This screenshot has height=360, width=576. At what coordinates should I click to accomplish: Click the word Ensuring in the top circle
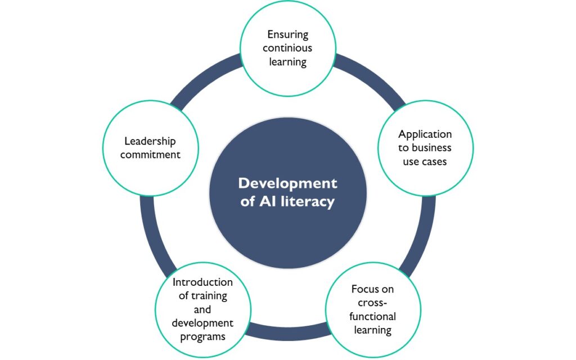coord(287,35)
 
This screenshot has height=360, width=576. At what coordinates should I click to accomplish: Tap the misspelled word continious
coord(287,48)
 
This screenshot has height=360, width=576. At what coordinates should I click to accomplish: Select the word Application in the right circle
coord(425,135)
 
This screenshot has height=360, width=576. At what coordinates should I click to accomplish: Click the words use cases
coord(425,161)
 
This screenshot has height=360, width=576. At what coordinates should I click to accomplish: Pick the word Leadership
coord(150,141)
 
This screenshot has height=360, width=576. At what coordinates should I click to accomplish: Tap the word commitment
coord(150,155)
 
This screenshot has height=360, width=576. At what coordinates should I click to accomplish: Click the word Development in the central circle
coord(287,183)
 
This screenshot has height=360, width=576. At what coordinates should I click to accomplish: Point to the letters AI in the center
coord(267,201)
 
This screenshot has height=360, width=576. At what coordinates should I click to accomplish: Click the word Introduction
coord(202,282)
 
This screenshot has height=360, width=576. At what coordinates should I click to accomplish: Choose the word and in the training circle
coord(202,310)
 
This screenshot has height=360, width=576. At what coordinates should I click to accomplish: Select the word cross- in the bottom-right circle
coord(372,303)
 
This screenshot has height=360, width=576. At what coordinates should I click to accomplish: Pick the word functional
coord(372,316)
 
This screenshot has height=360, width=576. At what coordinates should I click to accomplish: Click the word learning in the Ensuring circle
coord(287,62)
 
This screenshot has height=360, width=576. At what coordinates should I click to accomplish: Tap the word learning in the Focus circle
coord(372,330)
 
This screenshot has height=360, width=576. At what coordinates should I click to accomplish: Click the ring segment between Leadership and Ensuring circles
coord(204,78)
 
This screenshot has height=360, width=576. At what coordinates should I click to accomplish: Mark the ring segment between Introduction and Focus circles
coord(288,331)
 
